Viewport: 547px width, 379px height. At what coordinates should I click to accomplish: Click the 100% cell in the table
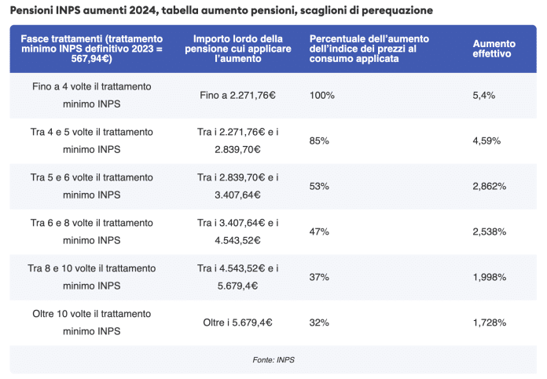click(x=322, y=95)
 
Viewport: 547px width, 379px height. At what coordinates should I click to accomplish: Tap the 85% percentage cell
click(x=319, y=140)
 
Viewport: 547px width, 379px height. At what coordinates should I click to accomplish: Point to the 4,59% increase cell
click(x=487, y=140)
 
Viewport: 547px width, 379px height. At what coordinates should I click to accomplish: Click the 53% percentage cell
click(x=319, y=186)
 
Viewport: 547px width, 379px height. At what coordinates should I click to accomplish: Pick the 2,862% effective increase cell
click(x=490, y=186)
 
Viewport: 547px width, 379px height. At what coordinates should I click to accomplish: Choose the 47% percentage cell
click(x=319, y=231)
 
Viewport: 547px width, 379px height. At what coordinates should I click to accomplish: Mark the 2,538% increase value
click(x=490, y=231)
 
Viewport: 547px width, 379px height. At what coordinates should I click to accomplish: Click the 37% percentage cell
click(x=319, y=277)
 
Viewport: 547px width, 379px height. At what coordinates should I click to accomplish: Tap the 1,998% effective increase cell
click(x=490, y=277)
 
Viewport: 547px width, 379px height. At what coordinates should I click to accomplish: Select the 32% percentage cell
click(x=319, y=323)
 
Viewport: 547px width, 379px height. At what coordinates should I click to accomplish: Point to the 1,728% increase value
click(x=490, y=323)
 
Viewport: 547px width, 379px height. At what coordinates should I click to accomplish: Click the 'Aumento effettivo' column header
click(x=492, y=49)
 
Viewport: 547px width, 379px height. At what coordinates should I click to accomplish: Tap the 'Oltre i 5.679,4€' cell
click(x=238, y=323)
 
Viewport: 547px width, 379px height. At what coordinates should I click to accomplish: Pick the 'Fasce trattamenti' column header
click(x=92, y=49)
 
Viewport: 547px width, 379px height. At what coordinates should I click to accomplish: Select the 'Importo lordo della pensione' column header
click(x=238, y=49)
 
